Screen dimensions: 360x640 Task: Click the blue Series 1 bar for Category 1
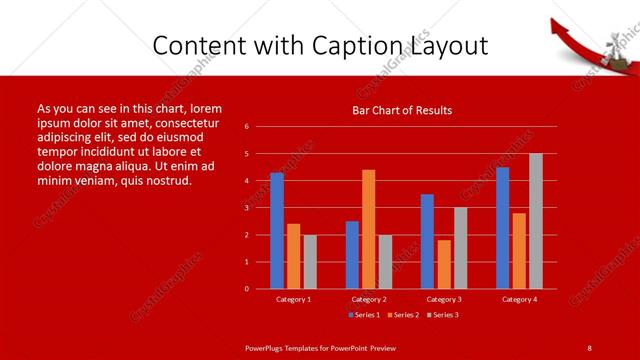click(277, 231)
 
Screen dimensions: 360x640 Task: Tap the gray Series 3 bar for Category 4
click(536, 221)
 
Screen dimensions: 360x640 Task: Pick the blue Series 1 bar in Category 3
click(427, 241)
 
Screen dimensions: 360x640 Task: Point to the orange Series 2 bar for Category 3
click(444, 264)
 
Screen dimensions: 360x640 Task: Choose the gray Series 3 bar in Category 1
click(310, 261)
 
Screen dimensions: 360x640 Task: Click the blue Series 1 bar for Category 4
click(502, 228)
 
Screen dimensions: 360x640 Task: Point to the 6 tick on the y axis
click(247, 127)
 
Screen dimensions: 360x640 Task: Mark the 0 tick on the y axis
click(247, 289)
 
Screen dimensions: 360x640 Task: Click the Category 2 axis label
click(368, 299)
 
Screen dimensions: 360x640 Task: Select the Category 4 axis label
click(519, 299)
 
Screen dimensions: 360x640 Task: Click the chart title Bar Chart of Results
click(402, 110)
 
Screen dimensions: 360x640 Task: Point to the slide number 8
click(589, 347)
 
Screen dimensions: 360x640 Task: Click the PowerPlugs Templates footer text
click(321, 347)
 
